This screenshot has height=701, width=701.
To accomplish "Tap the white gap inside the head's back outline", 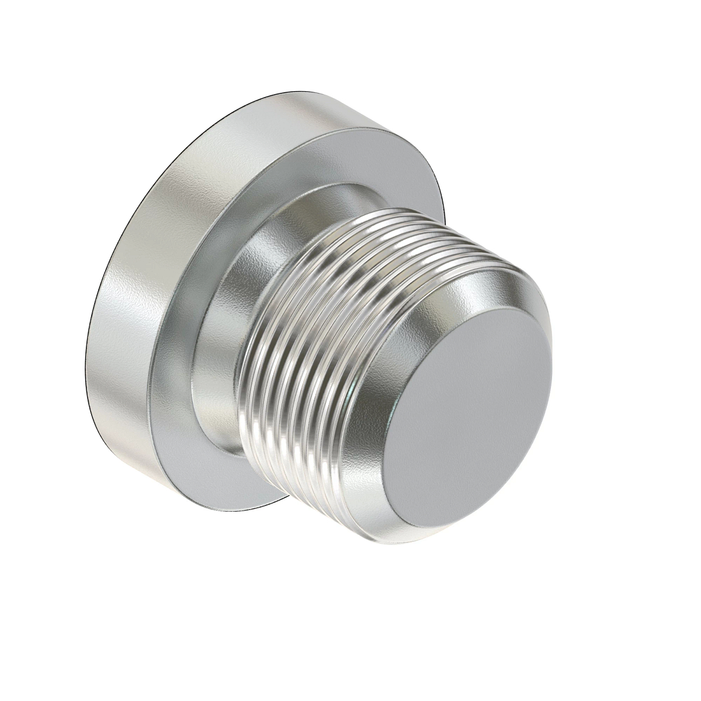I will pos(140,409).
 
